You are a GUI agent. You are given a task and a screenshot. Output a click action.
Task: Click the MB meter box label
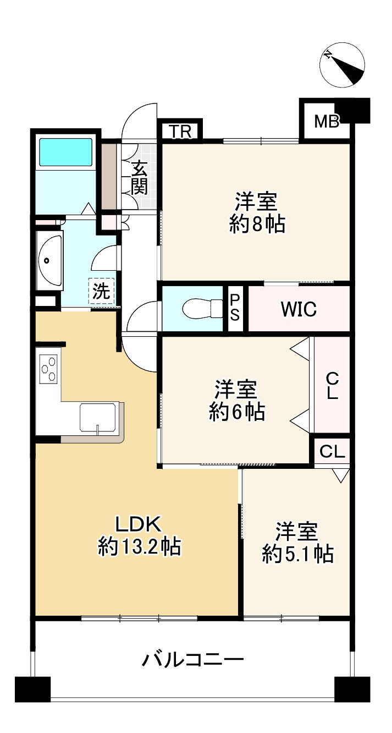point(327,122)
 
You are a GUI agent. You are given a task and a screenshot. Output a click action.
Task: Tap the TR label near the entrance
point(180,132)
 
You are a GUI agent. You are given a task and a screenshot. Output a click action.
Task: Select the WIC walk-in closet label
point(299,309)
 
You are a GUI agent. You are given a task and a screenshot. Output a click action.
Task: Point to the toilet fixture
point(203,309)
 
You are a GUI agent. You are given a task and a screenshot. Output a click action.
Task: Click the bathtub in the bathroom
point(66,152)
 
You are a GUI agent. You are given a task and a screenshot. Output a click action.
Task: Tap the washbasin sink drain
point(46,261)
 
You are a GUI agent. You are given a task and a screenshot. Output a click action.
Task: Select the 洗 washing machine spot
point(101,291)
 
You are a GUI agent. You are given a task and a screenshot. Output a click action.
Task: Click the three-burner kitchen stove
point(48,369)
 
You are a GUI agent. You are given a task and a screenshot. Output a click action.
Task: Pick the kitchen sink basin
point(98,418)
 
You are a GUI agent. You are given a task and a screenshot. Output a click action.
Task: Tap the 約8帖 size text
point(257,224)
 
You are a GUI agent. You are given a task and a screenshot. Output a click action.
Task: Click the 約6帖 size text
point(237,412)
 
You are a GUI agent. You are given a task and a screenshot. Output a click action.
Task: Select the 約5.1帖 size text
point(298,554)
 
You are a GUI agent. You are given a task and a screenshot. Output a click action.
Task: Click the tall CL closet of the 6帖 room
point(332,385)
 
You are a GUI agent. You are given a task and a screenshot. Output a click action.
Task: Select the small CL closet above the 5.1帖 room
point(332,452)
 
